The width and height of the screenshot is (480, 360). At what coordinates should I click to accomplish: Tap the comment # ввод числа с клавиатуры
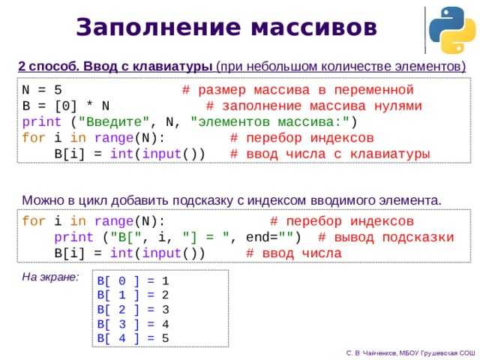[330, 154]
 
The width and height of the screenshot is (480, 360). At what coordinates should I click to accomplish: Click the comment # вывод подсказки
[385, 238]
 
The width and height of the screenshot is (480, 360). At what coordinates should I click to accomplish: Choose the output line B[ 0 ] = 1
[133, 280]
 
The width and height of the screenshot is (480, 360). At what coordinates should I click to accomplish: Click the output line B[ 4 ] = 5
[133, 337]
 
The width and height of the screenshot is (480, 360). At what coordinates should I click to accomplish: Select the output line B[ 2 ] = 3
[133, 309]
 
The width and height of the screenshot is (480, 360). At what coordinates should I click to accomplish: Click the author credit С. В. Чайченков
[373, 351]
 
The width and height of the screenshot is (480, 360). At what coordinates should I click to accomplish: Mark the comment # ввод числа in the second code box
[293, 253]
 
